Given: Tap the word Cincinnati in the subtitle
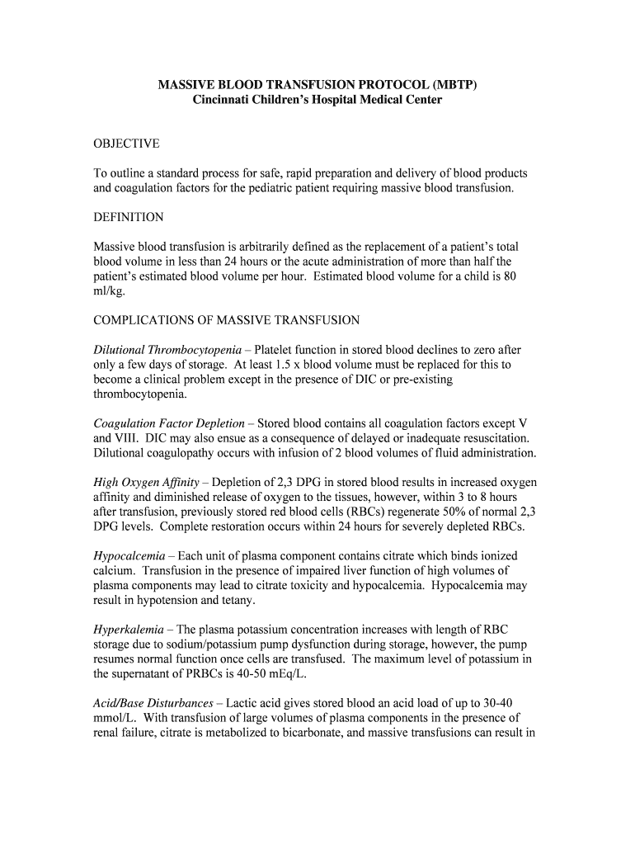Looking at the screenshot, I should click(x=223, y=100).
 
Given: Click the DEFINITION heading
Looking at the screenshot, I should click(x=129, y=217).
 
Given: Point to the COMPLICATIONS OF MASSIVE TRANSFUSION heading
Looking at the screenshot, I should click(x=227, y=320).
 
